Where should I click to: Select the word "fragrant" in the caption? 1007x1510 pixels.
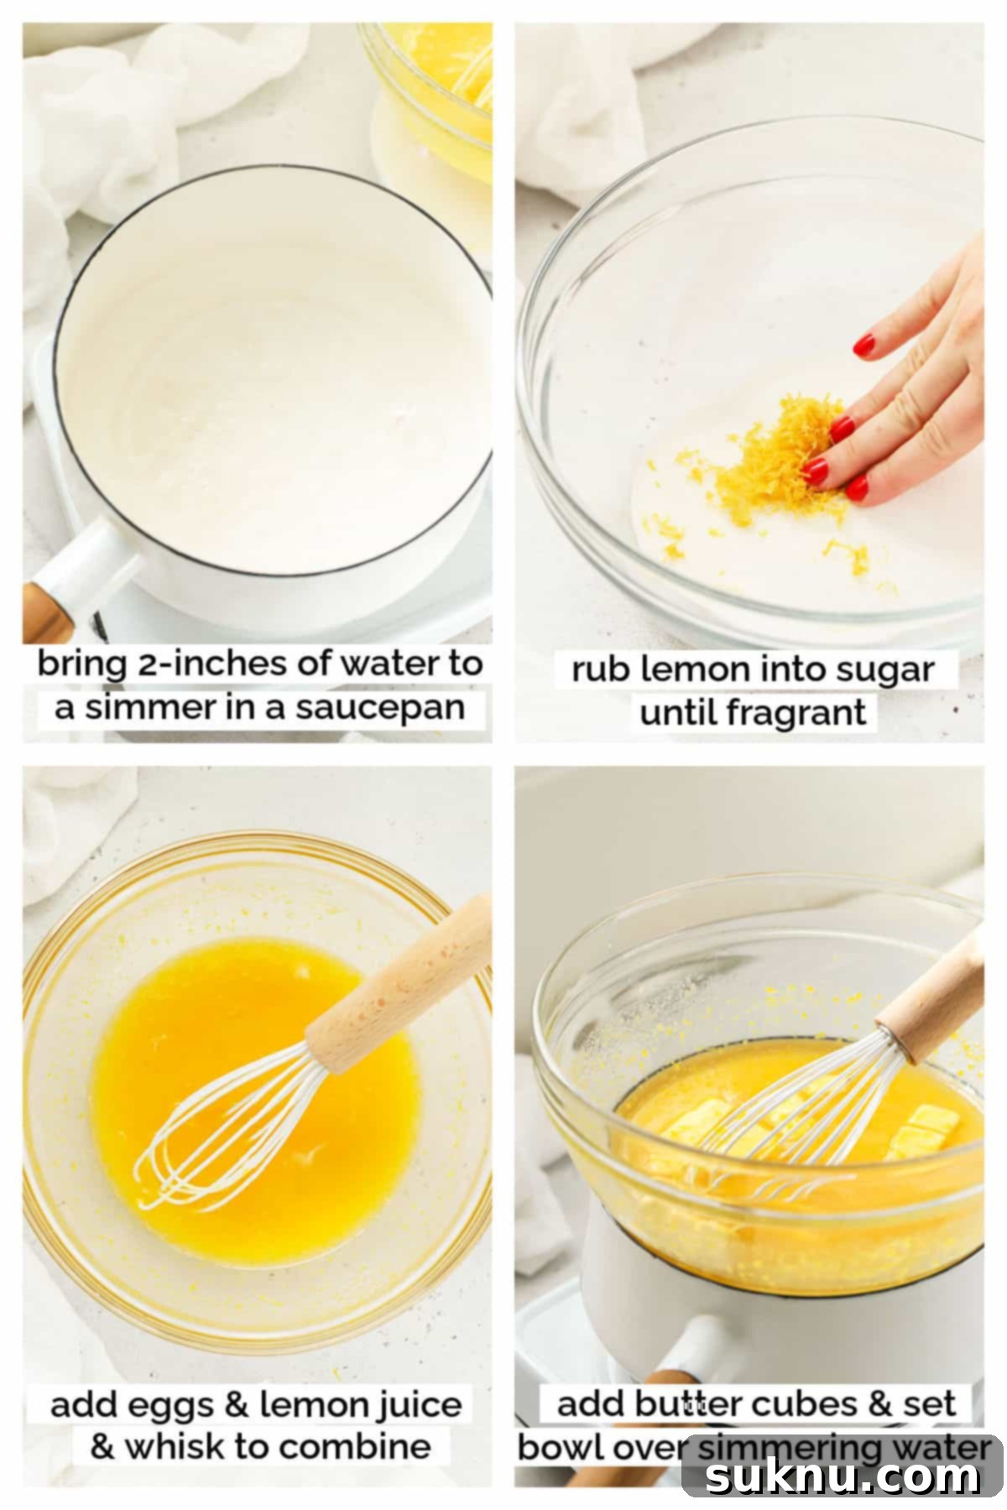pos(797,713)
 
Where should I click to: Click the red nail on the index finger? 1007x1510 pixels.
pos(864,344)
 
